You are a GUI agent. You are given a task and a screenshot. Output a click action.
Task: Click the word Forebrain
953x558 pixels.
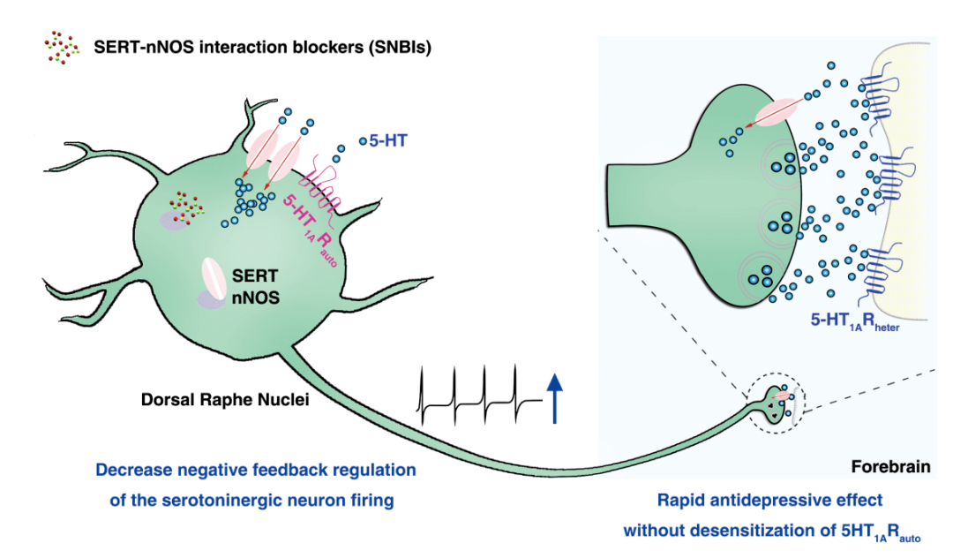coord(889,464)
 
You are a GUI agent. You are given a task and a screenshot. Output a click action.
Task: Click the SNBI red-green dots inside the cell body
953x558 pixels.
coord(186,207)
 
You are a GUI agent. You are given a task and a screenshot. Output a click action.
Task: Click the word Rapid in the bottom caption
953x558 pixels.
coord(680,501)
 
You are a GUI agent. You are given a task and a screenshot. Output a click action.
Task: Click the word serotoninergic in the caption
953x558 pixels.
coord(211,501)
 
